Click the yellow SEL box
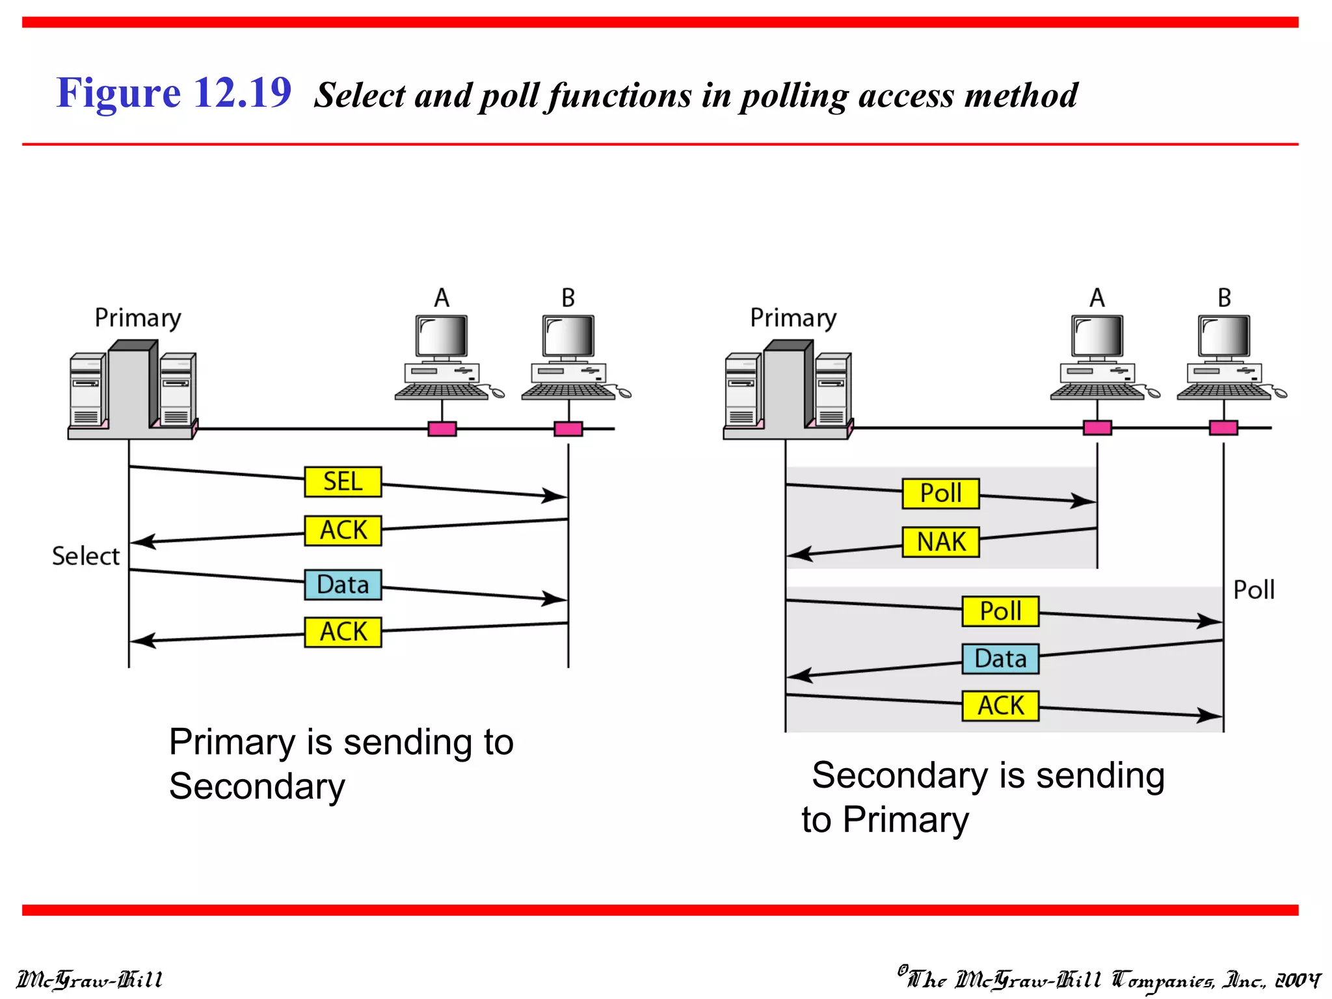[343, 482]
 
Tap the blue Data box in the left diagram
[343, 585]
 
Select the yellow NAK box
[940, 542]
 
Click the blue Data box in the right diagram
[1000, 659]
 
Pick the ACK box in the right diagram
[1000, 706]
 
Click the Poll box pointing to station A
[940, 493]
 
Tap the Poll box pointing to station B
[1000, 611]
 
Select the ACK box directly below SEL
[343, 530]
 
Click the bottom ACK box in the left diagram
[343, 632]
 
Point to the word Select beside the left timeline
[86, 557]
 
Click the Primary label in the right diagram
[793, 318]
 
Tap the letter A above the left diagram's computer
[442, 298]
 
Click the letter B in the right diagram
[1224, 298]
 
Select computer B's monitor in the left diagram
[568, 336]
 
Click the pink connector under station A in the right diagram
[1097, 427]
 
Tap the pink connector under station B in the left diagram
[568, 429]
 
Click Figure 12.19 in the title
[174, 92]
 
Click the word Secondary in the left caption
[257, 787]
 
